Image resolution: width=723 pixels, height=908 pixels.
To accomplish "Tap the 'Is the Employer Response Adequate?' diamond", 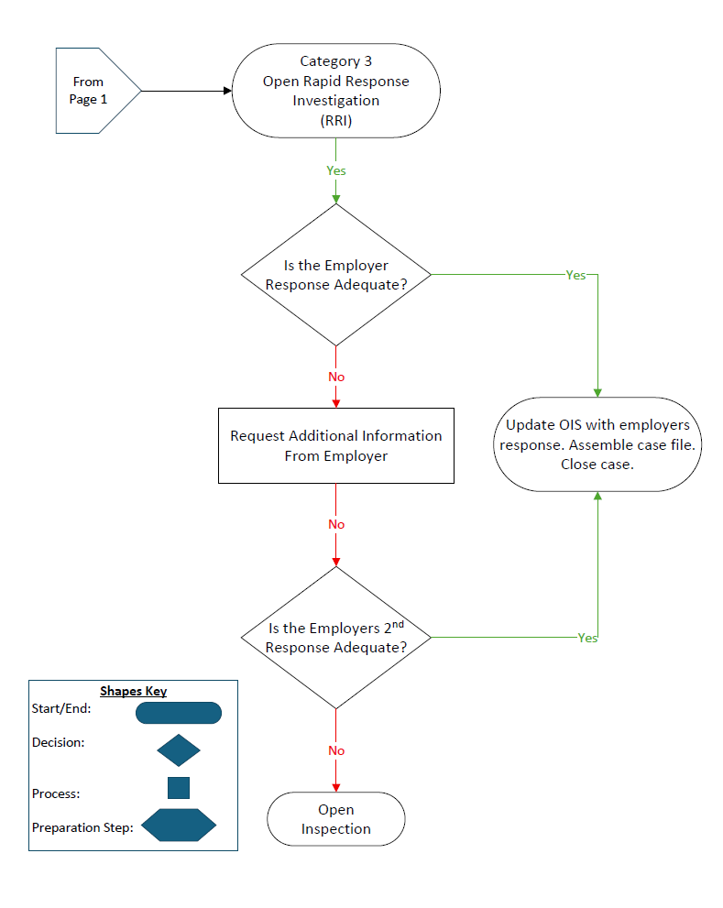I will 336,274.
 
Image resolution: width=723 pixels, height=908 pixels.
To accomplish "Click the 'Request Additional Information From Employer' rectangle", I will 336,445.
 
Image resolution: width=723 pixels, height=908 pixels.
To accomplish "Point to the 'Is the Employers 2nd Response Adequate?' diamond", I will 336,637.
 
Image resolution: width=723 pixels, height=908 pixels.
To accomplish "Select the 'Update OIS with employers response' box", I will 597,444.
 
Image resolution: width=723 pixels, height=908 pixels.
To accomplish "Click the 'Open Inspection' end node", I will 336,819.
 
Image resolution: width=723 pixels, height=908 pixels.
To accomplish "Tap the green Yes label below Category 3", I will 336,170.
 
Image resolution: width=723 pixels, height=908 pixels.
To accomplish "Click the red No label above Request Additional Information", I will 336,377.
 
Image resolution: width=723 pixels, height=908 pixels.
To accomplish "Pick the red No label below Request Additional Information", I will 336,524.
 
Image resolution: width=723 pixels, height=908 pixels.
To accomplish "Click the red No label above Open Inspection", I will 336,750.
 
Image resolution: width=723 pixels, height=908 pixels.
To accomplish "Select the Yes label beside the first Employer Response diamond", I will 575,275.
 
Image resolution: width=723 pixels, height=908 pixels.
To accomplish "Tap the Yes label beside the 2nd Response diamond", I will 587,638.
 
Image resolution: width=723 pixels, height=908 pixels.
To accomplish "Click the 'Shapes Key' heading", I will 133,691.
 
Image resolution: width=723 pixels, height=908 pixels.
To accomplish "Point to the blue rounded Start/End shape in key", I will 179,713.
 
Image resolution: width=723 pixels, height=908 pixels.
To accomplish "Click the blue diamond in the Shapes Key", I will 179,750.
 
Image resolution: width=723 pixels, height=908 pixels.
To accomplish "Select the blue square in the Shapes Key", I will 179,788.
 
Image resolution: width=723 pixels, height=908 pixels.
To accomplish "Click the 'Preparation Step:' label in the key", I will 82,827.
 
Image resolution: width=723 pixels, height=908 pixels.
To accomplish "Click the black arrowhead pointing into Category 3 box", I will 228,91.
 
